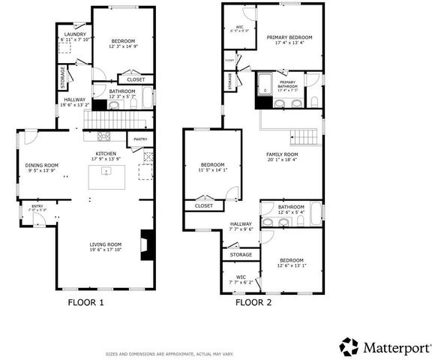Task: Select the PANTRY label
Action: point(140,139)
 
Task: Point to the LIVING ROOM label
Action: point(105,244)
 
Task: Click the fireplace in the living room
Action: point(148,245)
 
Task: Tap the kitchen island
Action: point(106,178)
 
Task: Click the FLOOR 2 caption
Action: point(253,303)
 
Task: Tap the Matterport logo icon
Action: point(349,346)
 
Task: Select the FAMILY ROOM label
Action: point(282,154)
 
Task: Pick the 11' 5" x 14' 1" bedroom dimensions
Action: point(212,170)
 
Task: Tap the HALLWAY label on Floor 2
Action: point(241,223)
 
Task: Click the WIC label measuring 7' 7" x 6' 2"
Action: point(241,277)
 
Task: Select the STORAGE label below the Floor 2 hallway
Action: point(241,255)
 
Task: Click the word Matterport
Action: point(397,347)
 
